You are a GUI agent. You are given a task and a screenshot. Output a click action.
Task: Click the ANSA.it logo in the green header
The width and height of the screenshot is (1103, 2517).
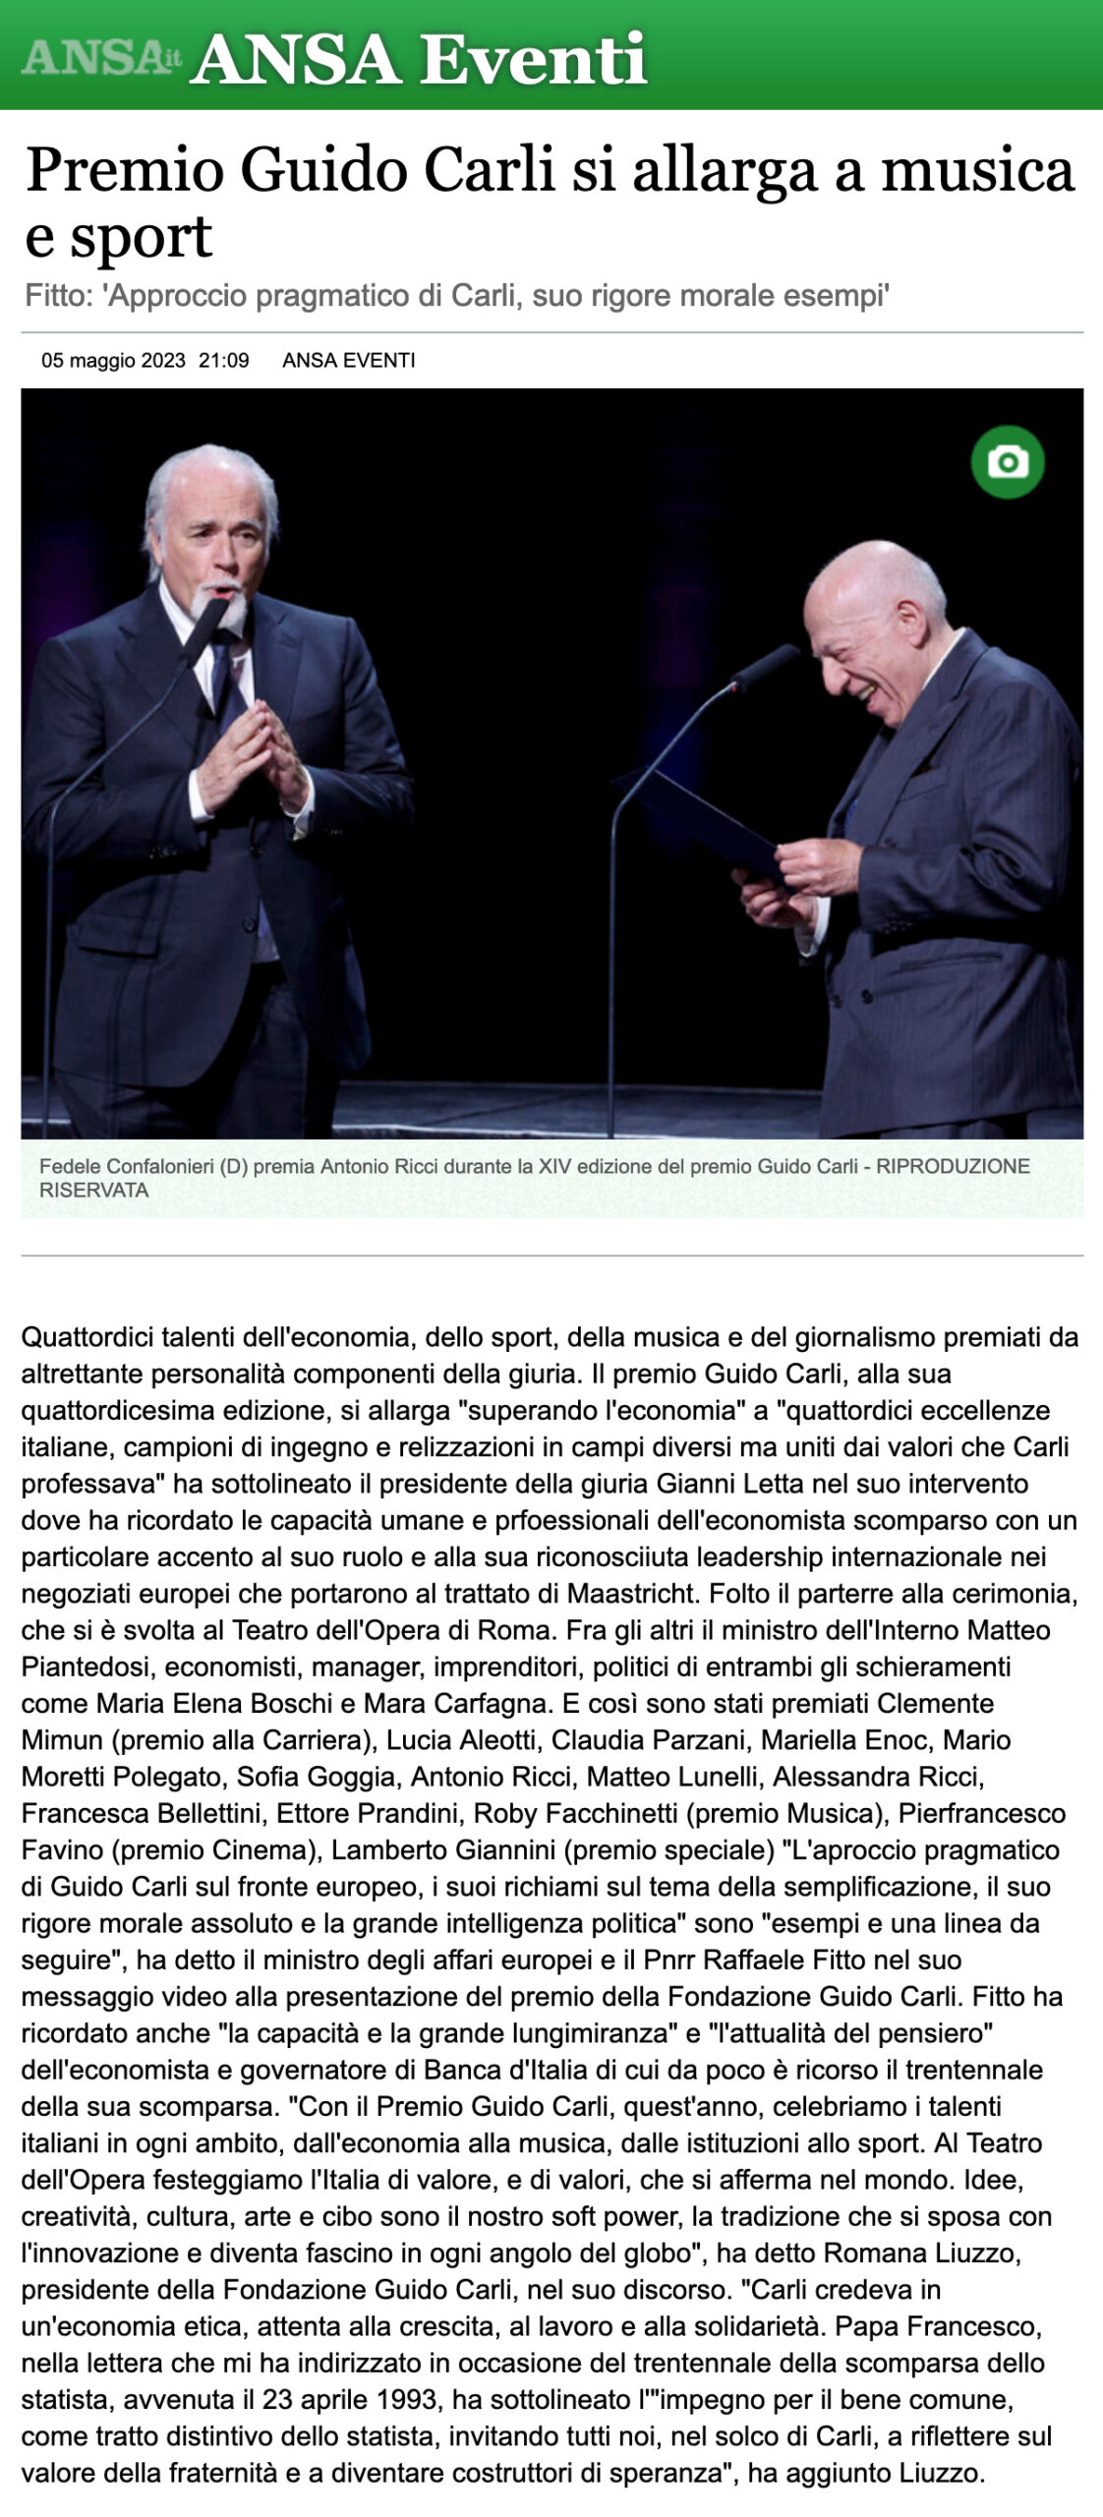[101, 58]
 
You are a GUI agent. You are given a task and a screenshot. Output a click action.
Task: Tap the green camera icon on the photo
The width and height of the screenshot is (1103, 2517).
[1008, 462]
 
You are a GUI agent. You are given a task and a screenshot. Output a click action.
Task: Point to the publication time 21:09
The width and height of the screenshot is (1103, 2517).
[223, 361]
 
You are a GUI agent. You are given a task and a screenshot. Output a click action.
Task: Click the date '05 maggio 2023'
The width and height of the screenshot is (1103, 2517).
[113, 361]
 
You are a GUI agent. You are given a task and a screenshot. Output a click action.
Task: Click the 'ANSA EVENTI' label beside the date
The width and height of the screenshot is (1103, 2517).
[349, 361]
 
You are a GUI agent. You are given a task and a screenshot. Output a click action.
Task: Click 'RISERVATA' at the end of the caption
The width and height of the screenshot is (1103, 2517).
[93, 1190]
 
